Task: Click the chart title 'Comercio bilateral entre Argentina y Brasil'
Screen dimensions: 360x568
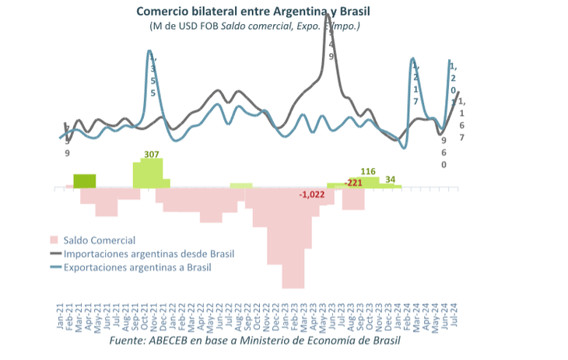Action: click(253, 11)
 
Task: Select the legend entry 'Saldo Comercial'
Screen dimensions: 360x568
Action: click(100, 240)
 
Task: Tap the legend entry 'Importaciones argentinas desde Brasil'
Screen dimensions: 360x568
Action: click(149, 253)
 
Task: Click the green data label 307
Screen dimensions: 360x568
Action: click(152, 154)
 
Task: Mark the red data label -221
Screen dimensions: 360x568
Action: click(354, 183)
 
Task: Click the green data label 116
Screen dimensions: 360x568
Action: click(369, 171)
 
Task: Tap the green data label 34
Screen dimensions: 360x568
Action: click(391, 179)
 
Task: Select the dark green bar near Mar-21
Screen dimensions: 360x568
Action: click(85, 180)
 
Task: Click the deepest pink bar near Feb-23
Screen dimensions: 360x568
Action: click(293, 237)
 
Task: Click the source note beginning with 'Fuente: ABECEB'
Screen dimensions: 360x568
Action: click(254, 341)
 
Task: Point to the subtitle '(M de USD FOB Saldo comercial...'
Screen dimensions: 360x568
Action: click(254, 26)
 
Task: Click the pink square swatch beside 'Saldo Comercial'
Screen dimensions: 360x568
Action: click(54, 240)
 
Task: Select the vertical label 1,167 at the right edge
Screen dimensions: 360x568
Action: click(462, 119)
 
